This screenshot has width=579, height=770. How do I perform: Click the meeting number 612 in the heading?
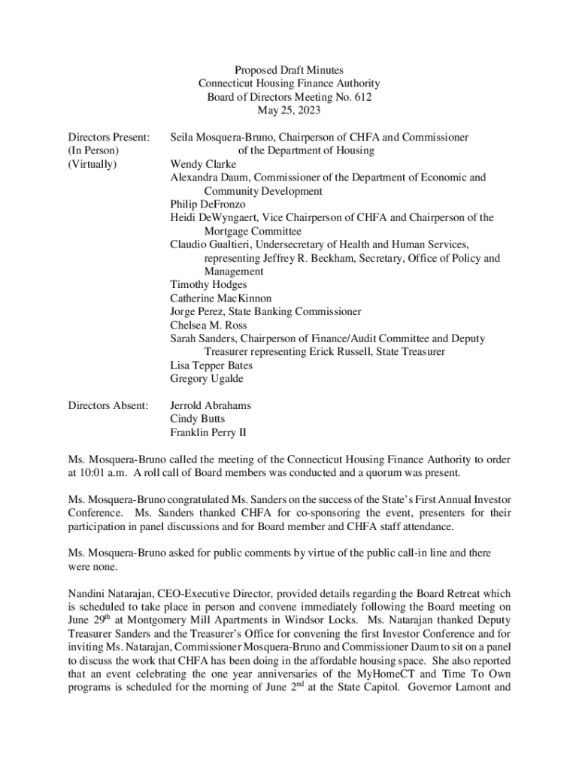(x=363, y=97)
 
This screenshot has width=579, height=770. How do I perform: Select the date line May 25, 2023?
(x=289, y=111)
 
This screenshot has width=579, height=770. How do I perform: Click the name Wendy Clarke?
(x=203, y=164)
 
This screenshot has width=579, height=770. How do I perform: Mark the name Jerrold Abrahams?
(x=211, y=405)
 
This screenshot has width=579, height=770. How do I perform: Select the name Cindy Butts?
(x=197, y=419)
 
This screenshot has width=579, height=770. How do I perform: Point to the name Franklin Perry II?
(x=208, y=432)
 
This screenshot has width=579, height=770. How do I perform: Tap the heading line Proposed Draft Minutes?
(x=289, y=70)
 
